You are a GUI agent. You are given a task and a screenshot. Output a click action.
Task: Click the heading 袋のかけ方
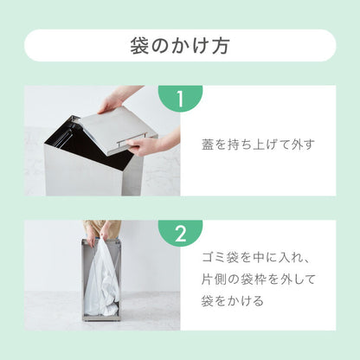tap(180, 45)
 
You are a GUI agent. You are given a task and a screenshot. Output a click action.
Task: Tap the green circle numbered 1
tap(180, 100)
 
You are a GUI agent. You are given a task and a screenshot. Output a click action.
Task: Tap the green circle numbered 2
tap(180, 233)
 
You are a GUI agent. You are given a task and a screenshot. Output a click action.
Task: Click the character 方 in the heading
tap(222, 45)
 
